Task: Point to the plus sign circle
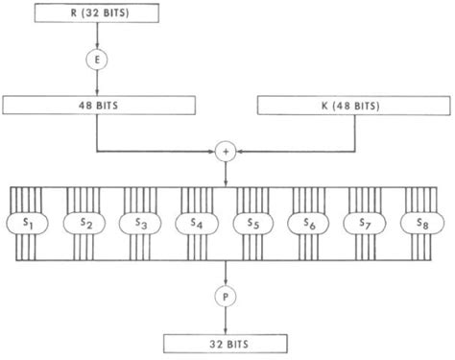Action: coord(227,152)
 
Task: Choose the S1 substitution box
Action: coord(28,223)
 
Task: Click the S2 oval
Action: coord(84,223)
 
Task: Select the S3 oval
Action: coord(141,223)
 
